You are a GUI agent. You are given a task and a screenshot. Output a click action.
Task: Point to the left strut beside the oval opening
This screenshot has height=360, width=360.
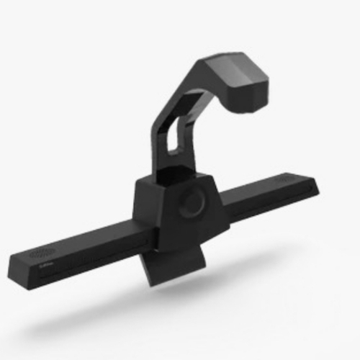pyautogui.click(x=161, y=144)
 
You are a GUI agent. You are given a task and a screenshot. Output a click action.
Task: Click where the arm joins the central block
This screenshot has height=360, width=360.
pyautogui.click(x=173, y=176)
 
